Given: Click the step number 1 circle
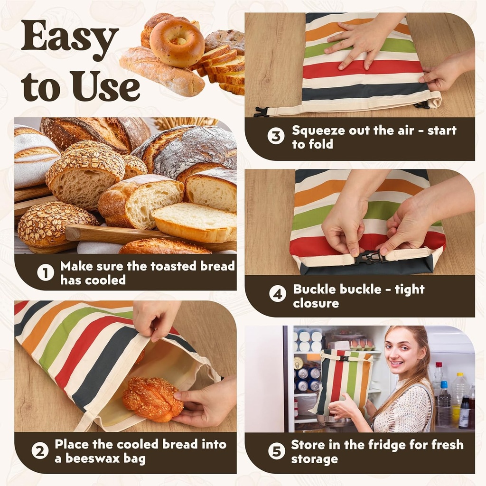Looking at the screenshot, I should (46, 273).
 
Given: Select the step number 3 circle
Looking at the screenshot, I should (276, 136).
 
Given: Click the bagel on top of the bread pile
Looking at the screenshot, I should (177, 42).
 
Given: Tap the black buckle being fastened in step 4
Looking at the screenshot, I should (370, 257).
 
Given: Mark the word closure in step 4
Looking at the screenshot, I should (316, 303).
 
